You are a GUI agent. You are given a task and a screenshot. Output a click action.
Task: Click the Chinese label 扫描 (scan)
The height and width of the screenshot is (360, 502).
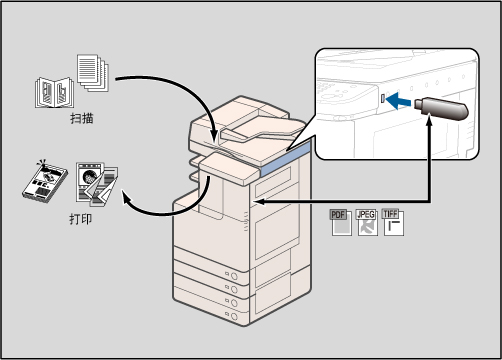[x=82, y=118]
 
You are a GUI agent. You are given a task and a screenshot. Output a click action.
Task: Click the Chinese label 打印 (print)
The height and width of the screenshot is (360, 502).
[x=81, y=219]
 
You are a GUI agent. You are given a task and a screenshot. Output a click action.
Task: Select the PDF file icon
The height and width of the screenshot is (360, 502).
[x=341, y=222]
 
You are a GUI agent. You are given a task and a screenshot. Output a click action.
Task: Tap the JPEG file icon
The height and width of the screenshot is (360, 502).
[x=367, y=222]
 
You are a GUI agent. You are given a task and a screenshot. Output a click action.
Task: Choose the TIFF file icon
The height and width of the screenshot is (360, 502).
[x=393, y=222]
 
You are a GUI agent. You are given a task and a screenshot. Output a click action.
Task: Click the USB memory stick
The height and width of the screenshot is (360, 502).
[x=441, y=108]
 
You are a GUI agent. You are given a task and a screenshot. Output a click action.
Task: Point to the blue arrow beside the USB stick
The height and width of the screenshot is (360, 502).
[x=398, y=101]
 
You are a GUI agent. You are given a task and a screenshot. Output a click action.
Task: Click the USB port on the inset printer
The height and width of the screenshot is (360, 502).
[x=383, y=98]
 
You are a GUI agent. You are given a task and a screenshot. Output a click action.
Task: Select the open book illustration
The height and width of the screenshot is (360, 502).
[x=55, y=92]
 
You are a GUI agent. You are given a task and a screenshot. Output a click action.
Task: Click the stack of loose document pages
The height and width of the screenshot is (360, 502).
[x=93, y=73]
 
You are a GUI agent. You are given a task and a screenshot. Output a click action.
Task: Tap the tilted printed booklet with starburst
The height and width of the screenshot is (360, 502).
[x=45, y=182]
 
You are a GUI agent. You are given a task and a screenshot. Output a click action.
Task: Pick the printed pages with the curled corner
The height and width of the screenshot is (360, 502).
[x=97, y=184]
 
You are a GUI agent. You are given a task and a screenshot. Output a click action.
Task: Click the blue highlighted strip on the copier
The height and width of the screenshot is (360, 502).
[x=285, y=159]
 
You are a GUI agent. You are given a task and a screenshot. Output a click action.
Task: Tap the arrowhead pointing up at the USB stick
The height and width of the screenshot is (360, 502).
[x=429, y=119]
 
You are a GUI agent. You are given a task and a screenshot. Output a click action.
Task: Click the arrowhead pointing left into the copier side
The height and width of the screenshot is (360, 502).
[x=259, y=202]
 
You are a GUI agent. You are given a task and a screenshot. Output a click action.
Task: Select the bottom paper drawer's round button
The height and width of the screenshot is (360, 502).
[x=234, y=316]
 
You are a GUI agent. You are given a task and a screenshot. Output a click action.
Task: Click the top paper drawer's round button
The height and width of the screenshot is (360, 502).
[x=234, y=276]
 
